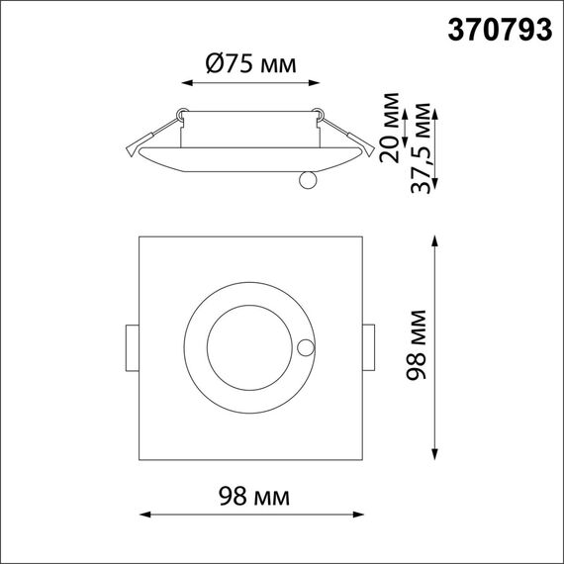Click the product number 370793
[x=500, y=31]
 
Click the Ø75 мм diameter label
[x=250, y=65]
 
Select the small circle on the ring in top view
[x=306, y=347]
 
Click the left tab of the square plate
[x=132, y=347]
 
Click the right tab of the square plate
[x=369, y=347]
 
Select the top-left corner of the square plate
[x=140, y=237]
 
